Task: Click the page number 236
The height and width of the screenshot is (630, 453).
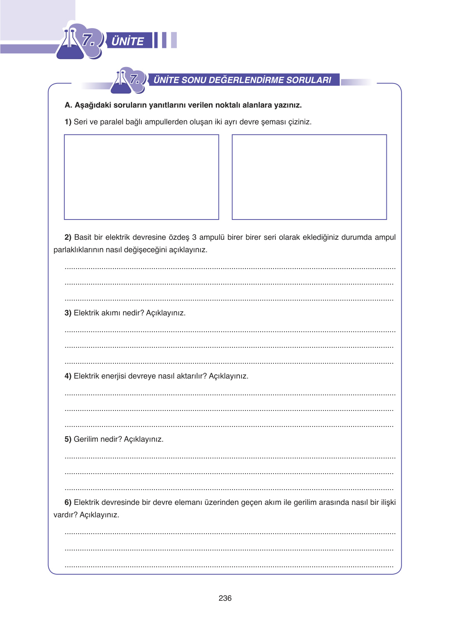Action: click(225, 598)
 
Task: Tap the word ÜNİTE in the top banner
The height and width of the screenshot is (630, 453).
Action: click(128, 41)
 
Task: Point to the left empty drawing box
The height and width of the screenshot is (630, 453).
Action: click(141, 177)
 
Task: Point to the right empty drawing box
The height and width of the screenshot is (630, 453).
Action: click(309, 177)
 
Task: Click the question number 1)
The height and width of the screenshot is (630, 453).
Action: click(68, 122)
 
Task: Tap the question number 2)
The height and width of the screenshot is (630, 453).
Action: click(68, 237)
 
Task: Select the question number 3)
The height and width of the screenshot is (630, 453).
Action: click(68, 313)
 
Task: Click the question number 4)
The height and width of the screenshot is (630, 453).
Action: click(68, 376)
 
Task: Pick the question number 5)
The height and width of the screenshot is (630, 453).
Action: click(68, 439)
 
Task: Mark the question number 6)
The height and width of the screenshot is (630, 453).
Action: click(68, 503)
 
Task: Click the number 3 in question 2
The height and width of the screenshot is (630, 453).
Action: click(194, 237)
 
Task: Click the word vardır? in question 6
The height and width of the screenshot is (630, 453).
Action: click(65, 515)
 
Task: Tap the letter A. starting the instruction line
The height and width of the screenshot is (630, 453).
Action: click(68, 105)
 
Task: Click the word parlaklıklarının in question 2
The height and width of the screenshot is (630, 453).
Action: click(79, 250)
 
